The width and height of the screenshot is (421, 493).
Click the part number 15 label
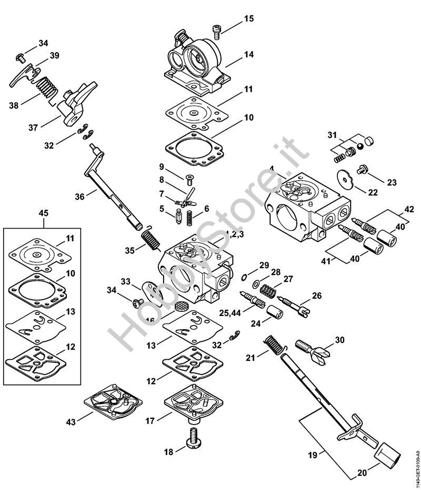click(249, 19)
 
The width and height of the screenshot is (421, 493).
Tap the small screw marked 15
click(216, 31)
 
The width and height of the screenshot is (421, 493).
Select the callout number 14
click(249, 54)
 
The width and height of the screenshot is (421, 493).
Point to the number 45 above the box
click(44, 213)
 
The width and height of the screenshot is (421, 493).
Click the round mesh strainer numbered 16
click(181, 307)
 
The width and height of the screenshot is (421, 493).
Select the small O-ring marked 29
click(246, 277)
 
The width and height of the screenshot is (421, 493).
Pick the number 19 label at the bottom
click(313, 455)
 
